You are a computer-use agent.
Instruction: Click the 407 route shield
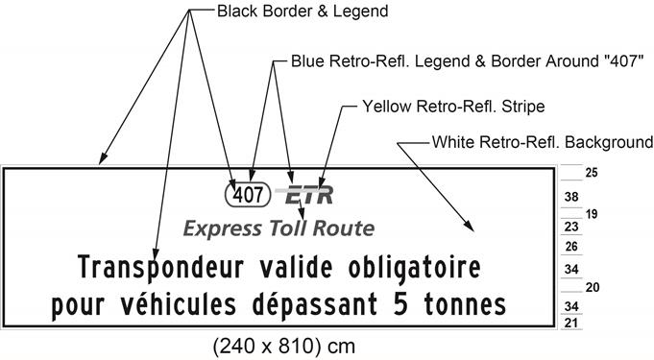248,195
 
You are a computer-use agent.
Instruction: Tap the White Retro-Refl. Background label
542,142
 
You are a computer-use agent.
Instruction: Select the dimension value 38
570,197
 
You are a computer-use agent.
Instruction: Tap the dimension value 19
592,213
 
